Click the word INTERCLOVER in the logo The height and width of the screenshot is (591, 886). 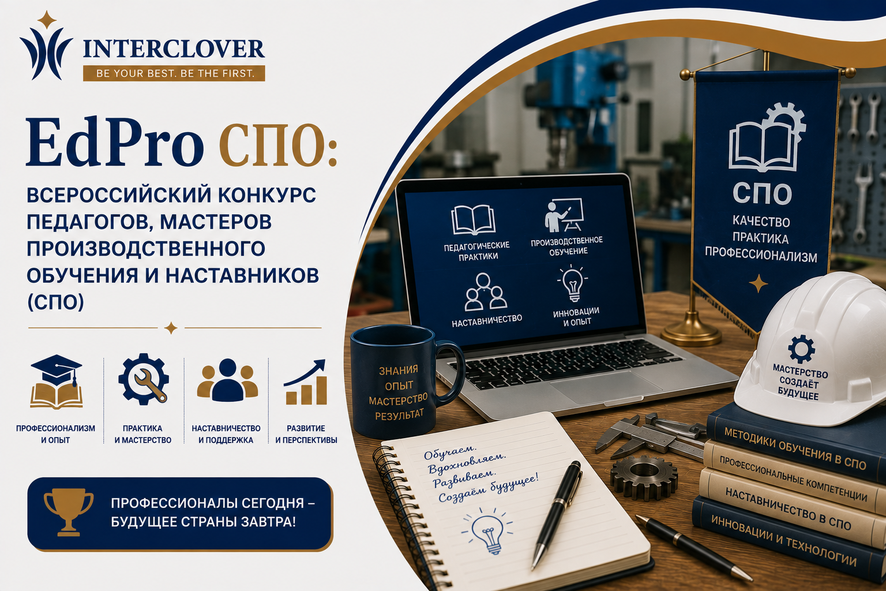[x=174, y=48]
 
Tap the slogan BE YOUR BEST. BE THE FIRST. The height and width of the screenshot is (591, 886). [x=174, y=73]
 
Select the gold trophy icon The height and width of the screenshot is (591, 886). [x=69, y=512]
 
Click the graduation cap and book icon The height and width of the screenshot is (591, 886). [x=57, y=381]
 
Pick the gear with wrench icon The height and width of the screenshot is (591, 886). [x=144, y=379]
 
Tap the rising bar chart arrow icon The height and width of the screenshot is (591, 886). [x=306, y=382]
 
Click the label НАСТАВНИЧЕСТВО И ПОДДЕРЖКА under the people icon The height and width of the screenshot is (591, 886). [x=226, y=434]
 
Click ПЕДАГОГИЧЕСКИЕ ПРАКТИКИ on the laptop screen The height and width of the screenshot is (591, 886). [x=476, y=250]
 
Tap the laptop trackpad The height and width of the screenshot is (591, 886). [x=605, y=387]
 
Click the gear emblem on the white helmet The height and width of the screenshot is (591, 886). [x=801, y=349]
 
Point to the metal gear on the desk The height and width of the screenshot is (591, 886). [x=644, y=478]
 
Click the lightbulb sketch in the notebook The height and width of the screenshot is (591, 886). [x=487, y=530]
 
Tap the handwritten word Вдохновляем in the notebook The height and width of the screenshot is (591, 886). [x=467, y=462]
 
